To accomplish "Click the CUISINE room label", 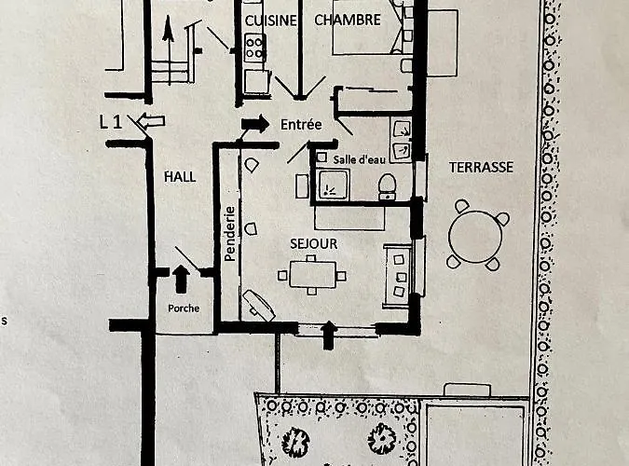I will (270, 20).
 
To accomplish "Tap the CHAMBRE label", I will (348, 20).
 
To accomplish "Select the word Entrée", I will (300, 124).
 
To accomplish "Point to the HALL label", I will (180, 176).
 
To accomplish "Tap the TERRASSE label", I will (481, 168).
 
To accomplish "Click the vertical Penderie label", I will (228, 233).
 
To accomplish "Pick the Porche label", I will (184, 308).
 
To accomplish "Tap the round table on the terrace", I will (474, 235).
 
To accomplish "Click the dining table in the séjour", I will (312, 275).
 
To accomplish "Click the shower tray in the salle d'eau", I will (332, 185).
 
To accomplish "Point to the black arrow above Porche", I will (181, 277).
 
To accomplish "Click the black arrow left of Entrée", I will (254, 123).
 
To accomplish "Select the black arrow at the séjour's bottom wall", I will (327, 335).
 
